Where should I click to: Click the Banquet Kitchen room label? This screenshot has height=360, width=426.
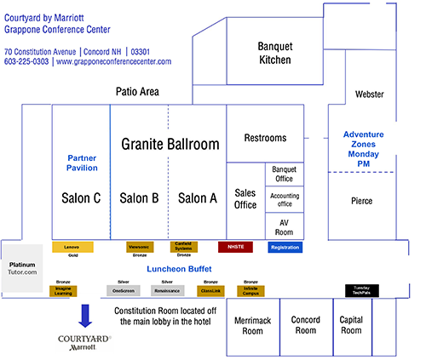[x=274, y=53]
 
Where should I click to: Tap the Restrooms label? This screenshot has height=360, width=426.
[x=265, y=138]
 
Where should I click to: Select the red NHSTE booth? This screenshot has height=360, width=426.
[x=235, y=247]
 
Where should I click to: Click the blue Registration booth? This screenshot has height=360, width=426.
[x=285, y=247]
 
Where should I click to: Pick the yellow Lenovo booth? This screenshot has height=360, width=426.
[x=72, y=247]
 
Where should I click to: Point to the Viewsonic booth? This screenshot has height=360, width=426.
[x=139, y=247]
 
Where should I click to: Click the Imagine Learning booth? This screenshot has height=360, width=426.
[x=63, y=291]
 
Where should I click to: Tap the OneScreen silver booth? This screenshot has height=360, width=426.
[x=124, y=291]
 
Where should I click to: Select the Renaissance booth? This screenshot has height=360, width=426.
[x=168, y=291]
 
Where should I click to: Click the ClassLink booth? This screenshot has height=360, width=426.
[x=211, y=291]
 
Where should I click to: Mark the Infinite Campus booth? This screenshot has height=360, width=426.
[x=250, y=291]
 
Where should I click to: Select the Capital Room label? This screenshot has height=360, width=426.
[x=351, y=326]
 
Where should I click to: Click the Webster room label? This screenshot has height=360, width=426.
[x=369, y=94]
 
